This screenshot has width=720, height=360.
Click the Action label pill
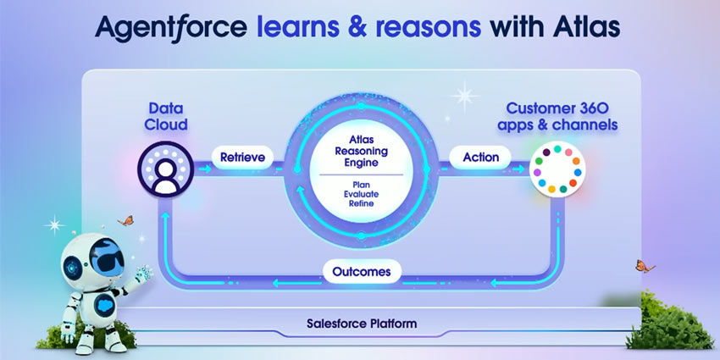click(480, 157)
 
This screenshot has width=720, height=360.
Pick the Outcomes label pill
click(362, 272)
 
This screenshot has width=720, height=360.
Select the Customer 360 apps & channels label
click(561, 117)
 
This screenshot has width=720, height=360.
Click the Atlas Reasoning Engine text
click(362, 150)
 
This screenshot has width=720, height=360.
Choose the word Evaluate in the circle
click(362, 192)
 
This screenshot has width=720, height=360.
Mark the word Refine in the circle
click(362, 203)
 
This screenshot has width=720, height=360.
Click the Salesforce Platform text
click(362, 324)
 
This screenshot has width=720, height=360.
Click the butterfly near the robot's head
click(125, 221)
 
